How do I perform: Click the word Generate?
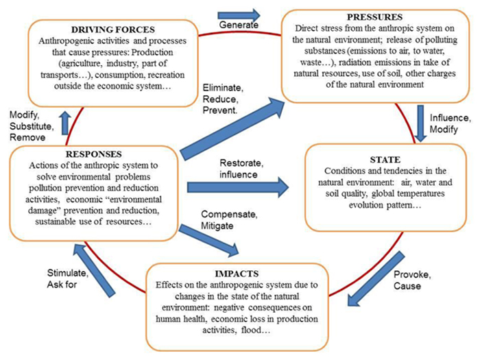239,25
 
